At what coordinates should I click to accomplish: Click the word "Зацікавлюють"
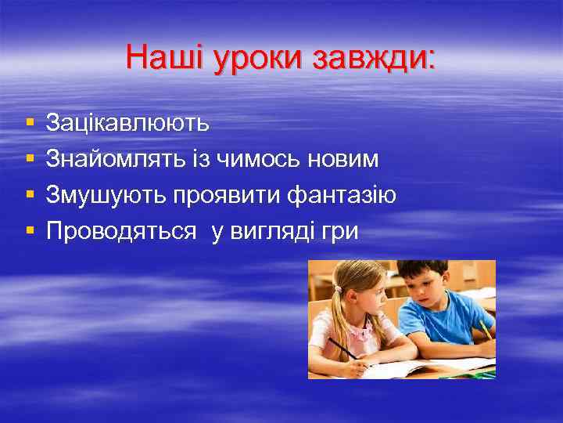click(x=127, y=123)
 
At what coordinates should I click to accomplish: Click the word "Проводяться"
click(x=121, y=231)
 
